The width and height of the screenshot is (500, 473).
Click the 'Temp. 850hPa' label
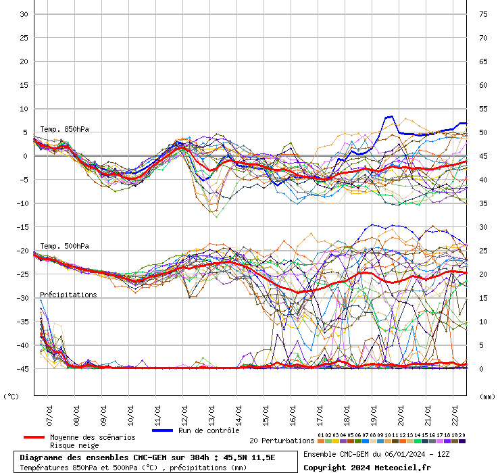click(x=64, y=129)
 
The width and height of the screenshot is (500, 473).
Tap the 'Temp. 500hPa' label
click(x=64, y=246)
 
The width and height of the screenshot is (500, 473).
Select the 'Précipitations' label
click(x=68, y=295)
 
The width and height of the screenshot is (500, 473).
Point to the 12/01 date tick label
click(x=184, y=414)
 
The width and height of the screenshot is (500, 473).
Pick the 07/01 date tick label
click(x=49, y=414)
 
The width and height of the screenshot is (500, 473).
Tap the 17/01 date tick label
click(x=320, y=414)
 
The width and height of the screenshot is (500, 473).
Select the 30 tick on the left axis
click(x=23, y=14)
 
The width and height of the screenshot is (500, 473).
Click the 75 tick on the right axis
click(x=484, y=14)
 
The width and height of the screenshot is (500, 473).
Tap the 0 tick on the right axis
click(x=482, y=369)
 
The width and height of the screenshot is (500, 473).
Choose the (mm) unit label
click(x=487, y=397)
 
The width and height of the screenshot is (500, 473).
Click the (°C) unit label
click(x=11, y=397)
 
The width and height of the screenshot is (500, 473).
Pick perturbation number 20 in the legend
click(x=462, y=441)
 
